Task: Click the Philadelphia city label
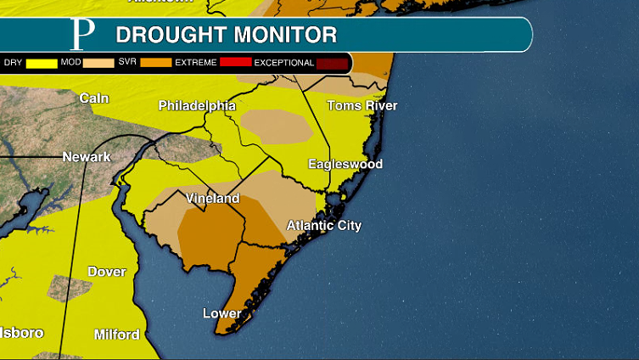click(197, 106)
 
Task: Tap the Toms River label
click(362, 106)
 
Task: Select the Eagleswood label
click(345, 164)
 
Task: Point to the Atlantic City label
click(323, 226)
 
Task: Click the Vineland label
click(212, 199)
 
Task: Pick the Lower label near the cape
click(221, 314)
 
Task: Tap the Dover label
click(106, 273)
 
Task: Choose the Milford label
click(116, 335)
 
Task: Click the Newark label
click(87, 157)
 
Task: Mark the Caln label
click(93, 98)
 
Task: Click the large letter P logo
click(82, 34)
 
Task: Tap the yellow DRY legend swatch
click(42, 63)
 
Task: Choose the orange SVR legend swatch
click(155, 63)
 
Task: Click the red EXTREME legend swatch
click(235, 63)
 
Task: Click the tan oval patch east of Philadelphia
click(277, 126)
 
